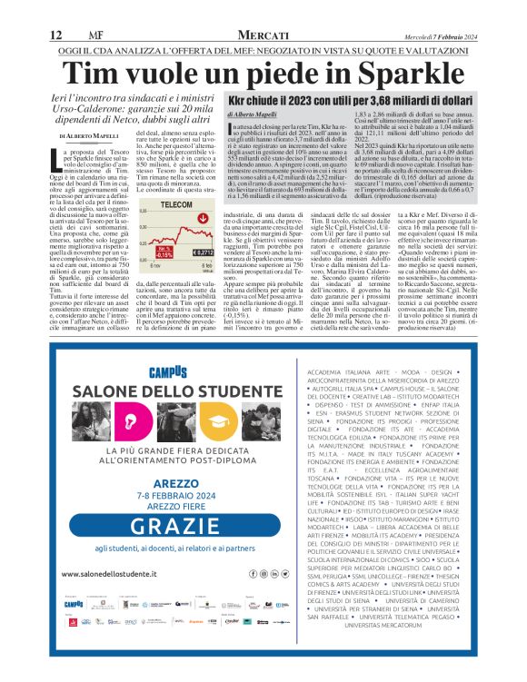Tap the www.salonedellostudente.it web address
coord(109,574)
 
